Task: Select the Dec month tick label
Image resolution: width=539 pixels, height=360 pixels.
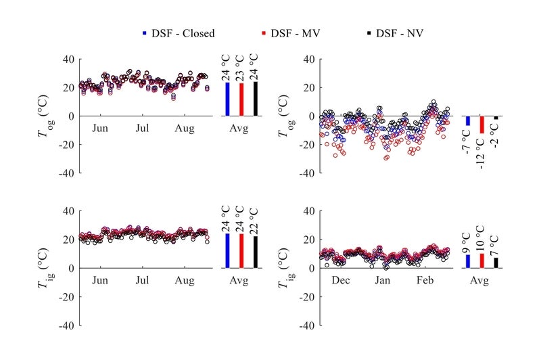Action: pyautogui.click(x=341, y=279)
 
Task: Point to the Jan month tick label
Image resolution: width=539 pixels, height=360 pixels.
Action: pyautogui.click(x=383, y=279)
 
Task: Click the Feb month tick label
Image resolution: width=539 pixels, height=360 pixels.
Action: pyautogui.click(x=425, y=279)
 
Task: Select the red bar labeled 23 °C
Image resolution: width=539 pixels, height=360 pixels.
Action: pyautogui.click(x=241, y=99)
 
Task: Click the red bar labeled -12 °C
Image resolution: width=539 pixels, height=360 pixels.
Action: pyautogui.click(x=482, y=125)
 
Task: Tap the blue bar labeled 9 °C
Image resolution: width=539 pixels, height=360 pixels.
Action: pyautogui.click(x=467, y=261)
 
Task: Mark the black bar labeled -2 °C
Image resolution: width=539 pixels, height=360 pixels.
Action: pyautogui.click(x=497, y=118)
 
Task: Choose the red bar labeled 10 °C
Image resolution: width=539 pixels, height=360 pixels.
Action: pyautogui.click(x=482, y=261)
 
